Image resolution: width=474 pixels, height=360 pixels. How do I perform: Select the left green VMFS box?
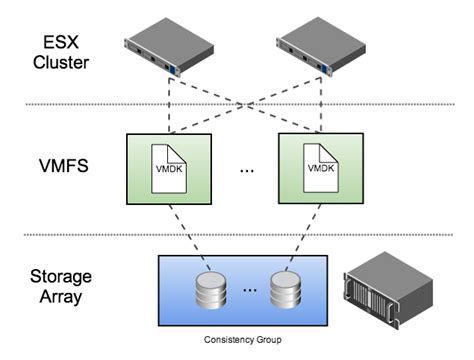pos(170,168)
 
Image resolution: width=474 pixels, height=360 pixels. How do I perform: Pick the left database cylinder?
pos(208,291)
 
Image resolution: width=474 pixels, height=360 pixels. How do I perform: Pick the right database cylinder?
pos(283,291)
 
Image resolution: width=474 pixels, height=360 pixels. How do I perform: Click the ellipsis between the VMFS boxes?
pos(247,172)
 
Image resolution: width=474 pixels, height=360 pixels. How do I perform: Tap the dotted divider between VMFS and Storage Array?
pos(237,235)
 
